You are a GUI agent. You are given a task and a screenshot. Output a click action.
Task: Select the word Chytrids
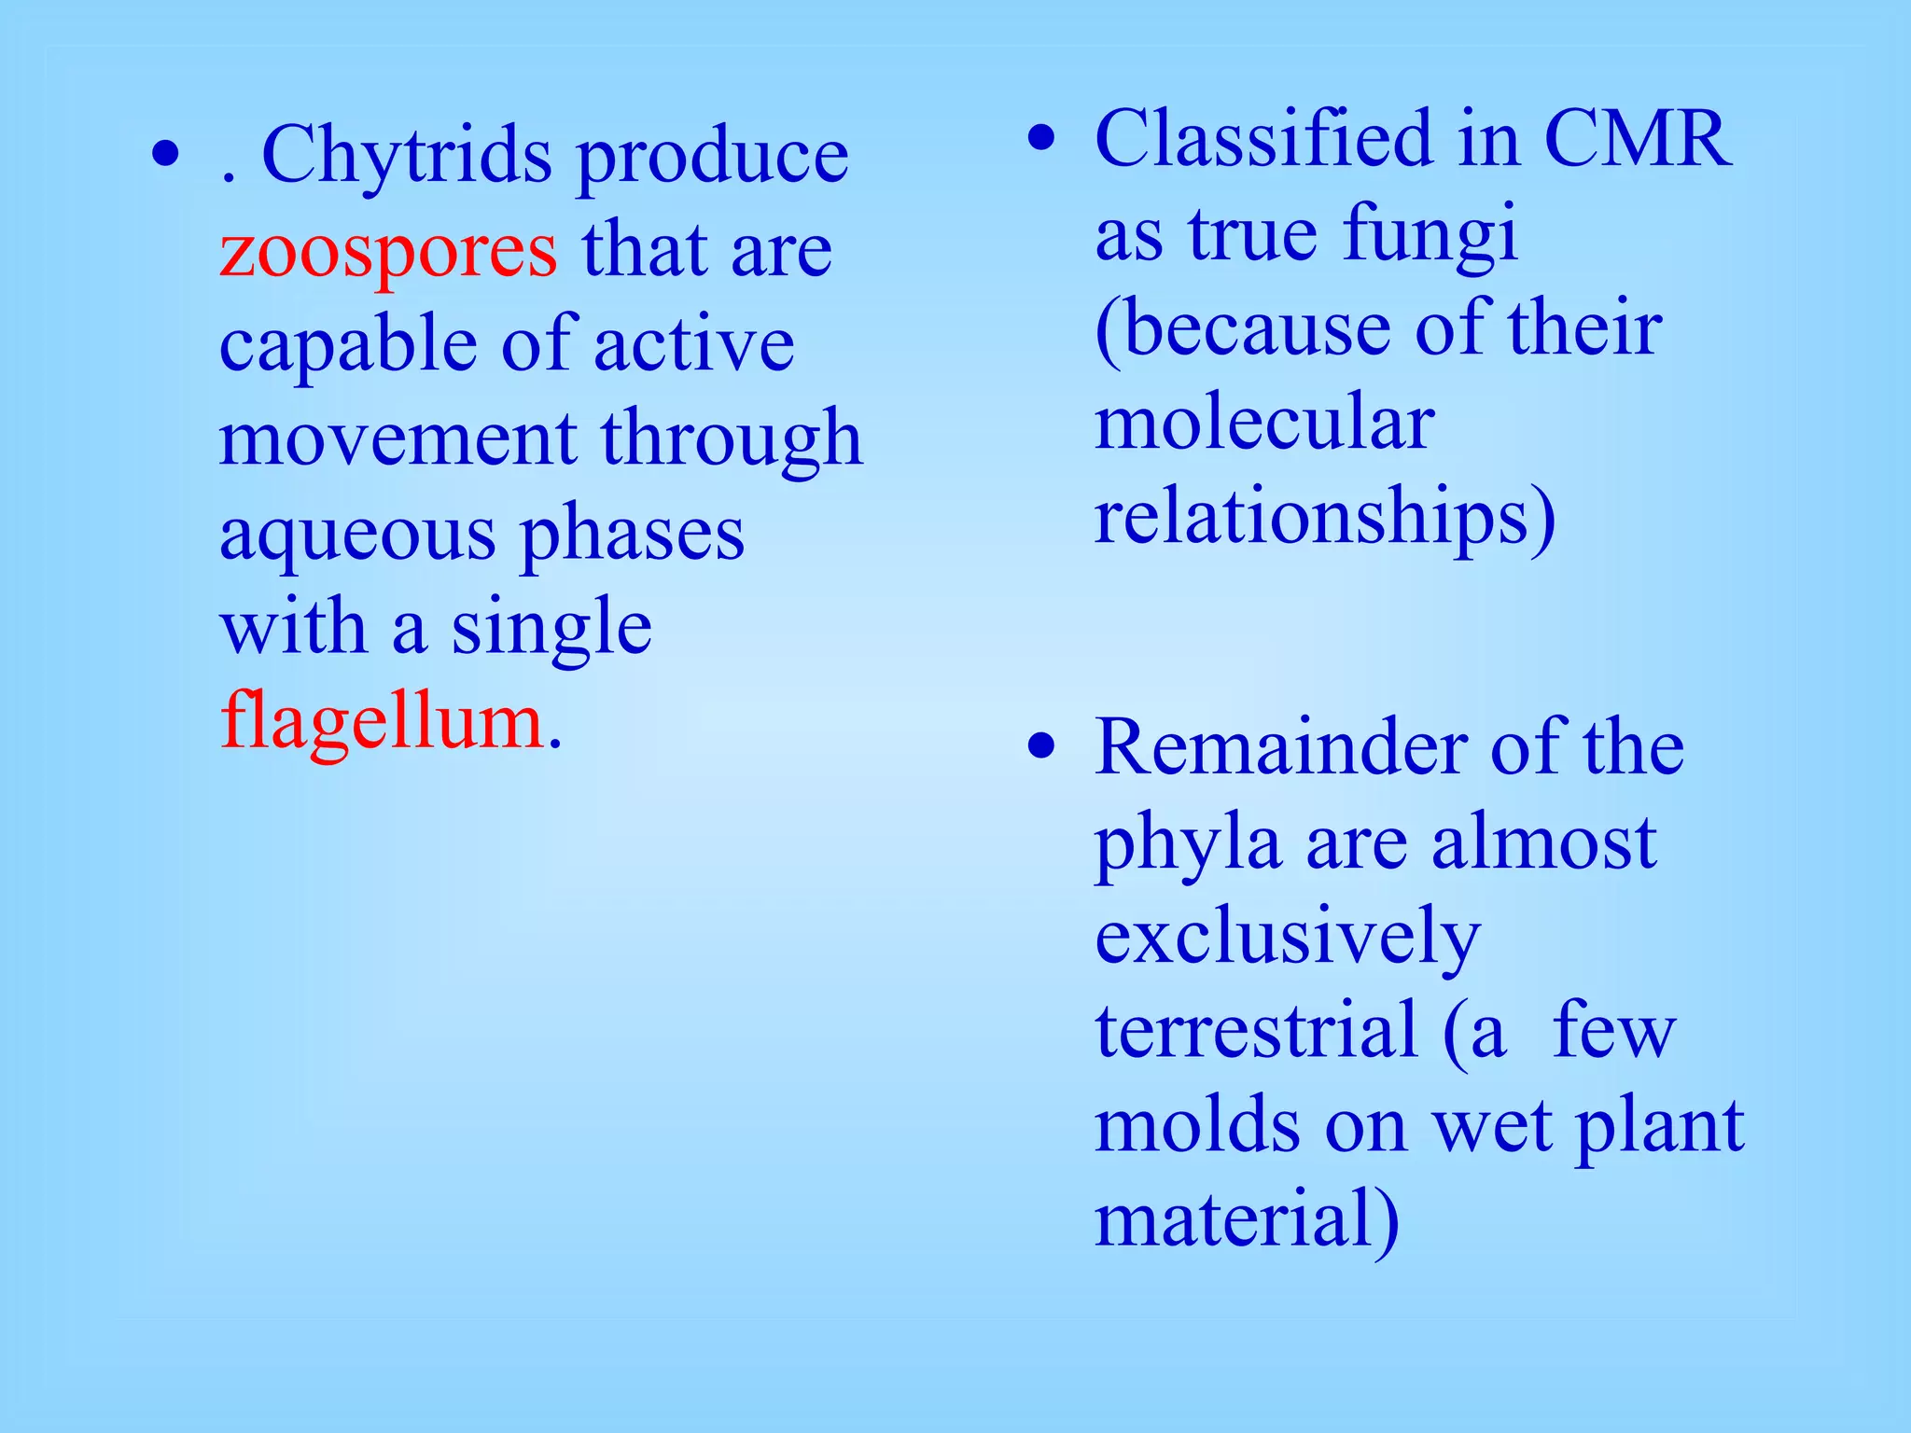point(407,156)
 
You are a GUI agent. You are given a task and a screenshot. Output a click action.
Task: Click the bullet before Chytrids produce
point(165,157)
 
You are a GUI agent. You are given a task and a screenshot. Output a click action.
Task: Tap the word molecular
point(1263,423)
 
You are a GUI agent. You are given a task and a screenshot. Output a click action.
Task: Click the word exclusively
point(1288,938)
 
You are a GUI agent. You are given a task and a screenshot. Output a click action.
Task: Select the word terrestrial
point(1256,1031)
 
